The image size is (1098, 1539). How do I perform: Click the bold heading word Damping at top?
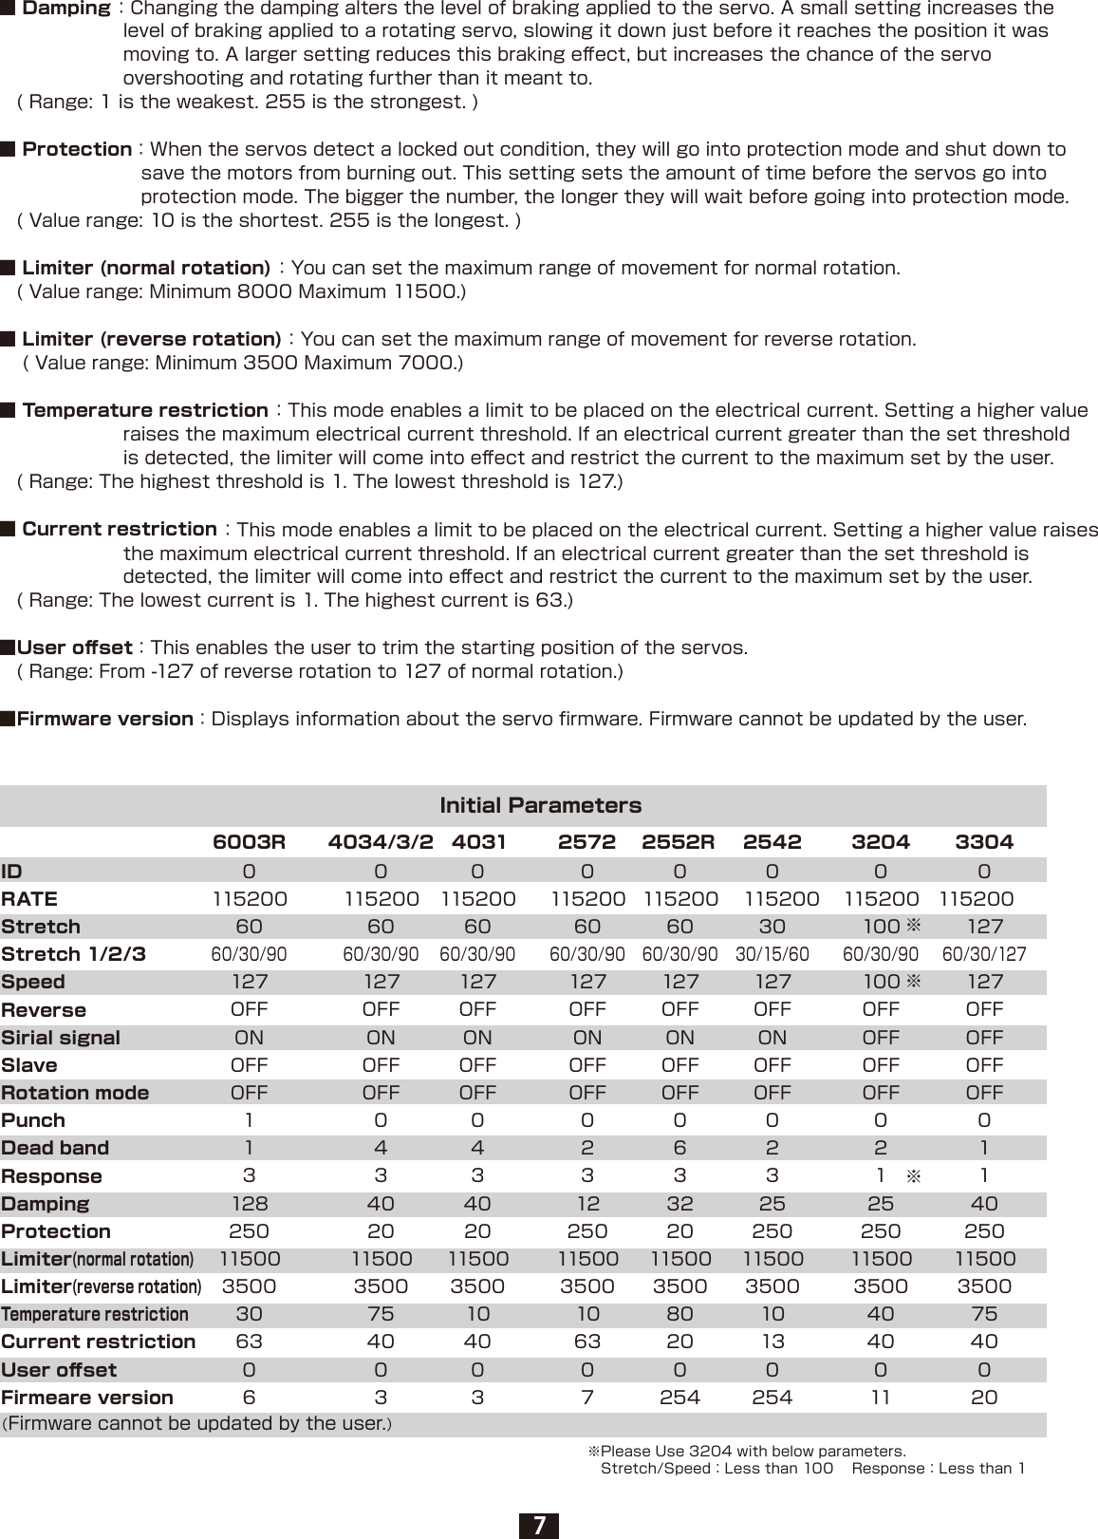(x=65, y=9)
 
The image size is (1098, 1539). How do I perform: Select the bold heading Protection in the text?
(x=77, y=149)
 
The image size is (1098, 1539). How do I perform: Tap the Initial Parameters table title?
(x=540, y=805)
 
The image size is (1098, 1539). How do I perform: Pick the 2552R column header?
(x=679, y=841)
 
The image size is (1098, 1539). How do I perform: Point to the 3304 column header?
(x=984, y=841)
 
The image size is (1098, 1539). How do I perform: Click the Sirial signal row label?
(x=61, y=1038)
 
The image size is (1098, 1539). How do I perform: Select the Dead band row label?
(x=55, y=1148)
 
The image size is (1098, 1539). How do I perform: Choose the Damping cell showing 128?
(x=250, y=1204)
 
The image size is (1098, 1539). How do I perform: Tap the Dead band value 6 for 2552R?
(x=679, y=1148)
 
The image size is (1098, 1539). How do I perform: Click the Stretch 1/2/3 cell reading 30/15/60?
(x=772, y=954)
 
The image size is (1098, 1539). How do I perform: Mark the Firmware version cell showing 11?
(x=881, y=1398)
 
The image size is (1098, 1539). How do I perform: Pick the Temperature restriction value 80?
(x=679, y=1314)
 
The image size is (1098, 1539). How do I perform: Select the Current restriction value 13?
(x=772, y=1342)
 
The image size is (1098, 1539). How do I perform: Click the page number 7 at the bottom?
(x=539, y=1525)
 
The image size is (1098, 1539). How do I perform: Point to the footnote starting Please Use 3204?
(x=750, y=1452)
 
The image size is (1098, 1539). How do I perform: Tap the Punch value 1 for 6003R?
(x=250, y=1120)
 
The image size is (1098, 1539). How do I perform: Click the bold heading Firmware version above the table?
(x=104, y=719)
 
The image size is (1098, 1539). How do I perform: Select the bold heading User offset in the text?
(x=74, y=648)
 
